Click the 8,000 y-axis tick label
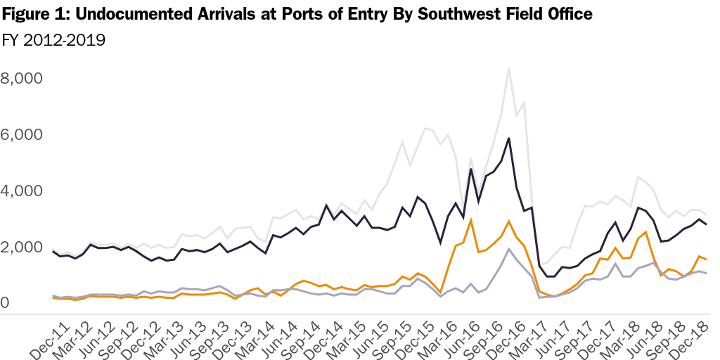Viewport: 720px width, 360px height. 23,77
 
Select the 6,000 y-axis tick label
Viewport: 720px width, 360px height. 23,134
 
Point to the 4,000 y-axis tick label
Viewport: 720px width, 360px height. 23,191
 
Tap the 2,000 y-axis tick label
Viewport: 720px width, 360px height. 23,247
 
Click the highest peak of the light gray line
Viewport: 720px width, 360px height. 508,68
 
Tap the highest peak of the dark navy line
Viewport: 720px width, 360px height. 508,139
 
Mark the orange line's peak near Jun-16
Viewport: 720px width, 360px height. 470,219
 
